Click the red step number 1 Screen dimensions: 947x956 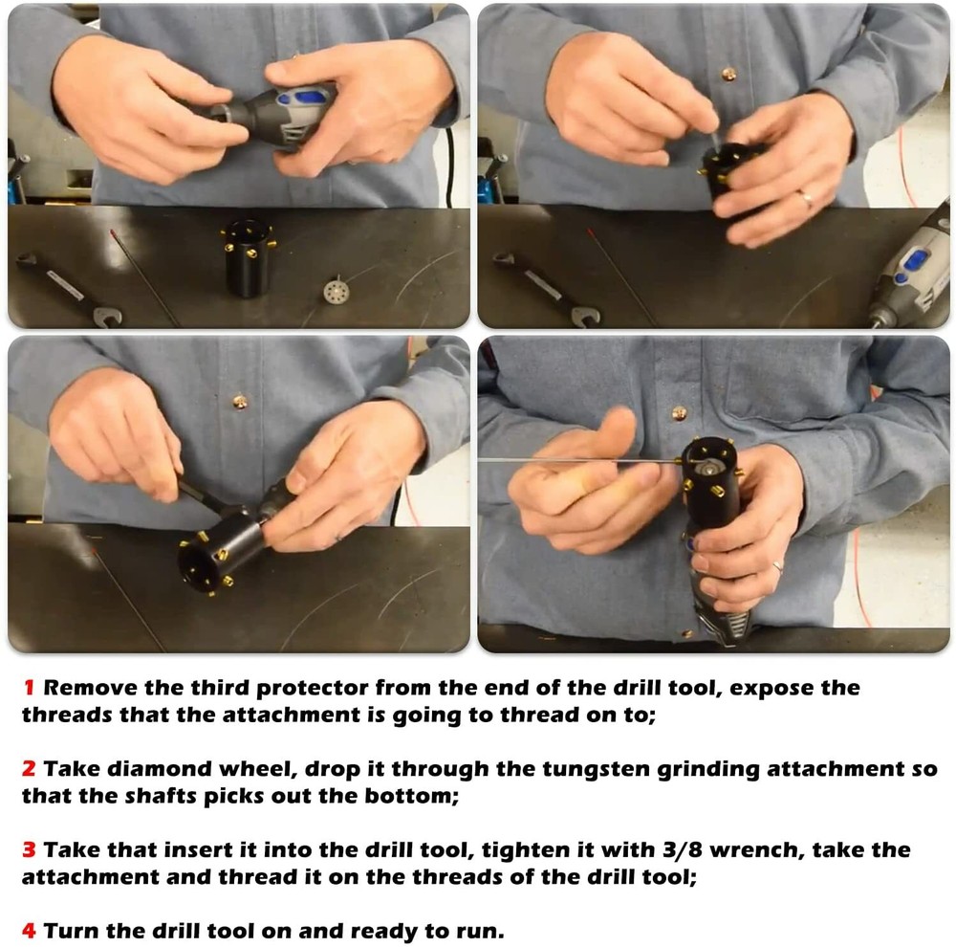tap(29, 688)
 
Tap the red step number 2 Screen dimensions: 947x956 tap(29, 769)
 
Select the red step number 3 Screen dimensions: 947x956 tap(29, 850)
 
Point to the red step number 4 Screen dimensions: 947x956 tap(29, 931)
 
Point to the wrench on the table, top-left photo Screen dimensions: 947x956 tap(67, 287)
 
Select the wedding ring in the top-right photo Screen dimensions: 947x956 tap(806, 199)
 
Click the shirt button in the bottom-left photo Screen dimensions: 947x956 tap(239, 402)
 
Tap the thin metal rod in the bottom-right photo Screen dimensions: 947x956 tap(574, 460)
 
